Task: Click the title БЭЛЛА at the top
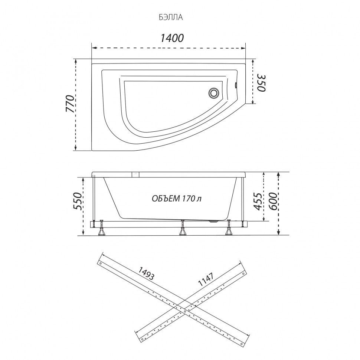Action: tap(171, 17)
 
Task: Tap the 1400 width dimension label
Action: tap(172, 38)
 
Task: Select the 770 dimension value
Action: tap(70, 104)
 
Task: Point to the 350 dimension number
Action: tap(261, 83)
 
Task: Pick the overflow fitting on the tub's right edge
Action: tap(236, 85)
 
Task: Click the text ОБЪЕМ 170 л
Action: tap(177, 198)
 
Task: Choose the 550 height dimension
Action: tap(77, 201)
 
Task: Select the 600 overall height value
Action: tap(273, 202)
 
